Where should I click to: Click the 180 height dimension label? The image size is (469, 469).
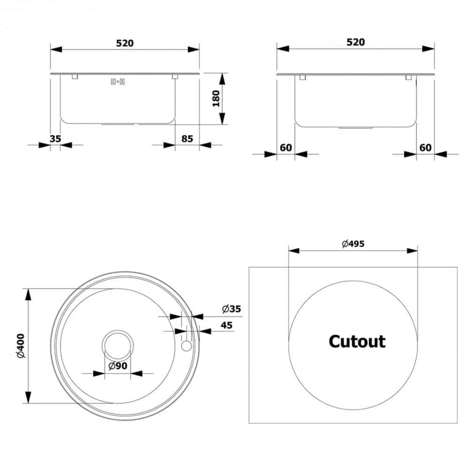coord(216,98)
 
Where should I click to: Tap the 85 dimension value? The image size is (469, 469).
coord(187,139)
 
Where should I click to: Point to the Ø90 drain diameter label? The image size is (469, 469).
coord(117,366)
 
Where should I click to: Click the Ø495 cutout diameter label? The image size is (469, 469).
coord(353,243)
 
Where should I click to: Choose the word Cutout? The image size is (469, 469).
coord(357,341)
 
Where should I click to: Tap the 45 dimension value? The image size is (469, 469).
coord(227,325)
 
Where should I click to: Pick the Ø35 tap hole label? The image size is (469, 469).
coord(231,309)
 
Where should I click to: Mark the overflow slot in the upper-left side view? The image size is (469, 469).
coord(117,82)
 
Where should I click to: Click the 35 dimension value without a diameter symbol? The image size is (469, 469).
coord(55,139)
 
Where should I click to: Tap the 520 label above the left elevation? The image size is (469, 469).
coord(125,43)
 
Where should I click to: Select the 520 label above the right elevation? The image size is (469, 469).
coord(356,42)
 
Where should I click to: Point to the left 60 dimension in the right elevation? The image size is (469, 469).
coord(286,148)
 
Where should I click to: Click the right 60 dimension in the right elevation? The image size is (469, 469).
coord(425,148)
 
